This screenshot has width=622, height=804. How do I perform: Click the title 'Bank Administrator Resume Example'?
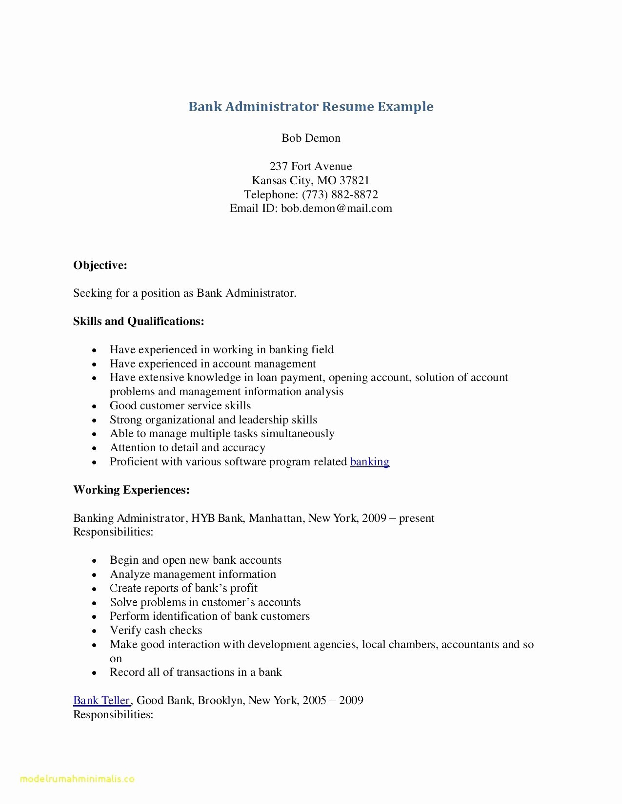coord(311,107)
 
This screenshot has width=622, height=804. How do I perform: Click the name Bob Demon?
coord(311,138)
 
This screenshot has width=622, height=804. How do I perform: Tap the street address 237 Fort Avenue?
coord(311,166)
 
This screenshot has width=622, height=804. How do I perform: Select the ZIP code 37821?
coord(355,180)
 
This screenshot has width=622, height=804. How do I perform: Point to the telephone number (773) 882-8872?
coord(340,194)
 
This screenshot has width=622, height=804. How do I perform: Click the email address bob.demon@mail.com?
coord(337,209)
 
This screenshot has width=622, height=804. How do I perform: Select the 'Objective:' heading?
coord(100,265)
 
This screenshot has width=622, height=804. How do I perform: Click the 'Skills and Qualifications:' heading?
coord(139,321)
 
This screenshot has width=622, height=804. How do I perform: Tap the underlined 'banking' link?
coord(369,461)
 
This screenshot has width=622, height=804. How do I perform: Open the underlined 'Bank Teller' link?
coord(101,700)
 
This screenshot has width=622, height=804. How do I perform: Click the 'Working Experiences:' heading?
coord(131,490)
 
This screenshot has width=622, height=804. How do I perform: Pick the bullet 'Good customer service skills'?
coord(180,405)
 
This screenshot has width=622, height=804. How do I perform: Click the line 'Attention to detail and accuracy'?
coord(187,447)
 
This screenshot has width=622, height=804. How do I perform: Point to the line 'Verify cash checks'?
coord(156,630)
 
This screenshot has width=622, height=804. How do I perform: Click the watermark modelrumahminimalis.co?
coord(77,779)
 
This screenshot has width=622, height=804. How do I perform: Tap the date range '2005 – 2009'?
coord(333,700)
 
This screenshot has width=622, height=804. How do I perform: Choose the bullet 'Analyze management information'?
coord(193,574)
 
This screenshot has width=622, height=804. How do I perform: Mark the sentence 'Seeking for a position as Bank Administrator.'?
coord(184,293)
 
